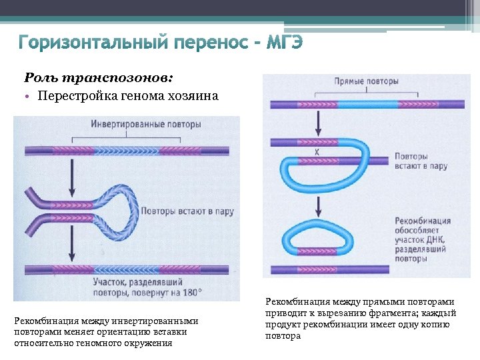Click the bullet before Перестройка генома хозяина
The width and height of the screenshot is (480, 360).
coord(30,96)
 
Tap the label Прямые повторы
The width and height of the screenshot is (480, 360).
coord(366,81)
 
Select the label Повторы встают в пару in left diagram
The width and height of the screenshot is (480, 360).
coord(187,211)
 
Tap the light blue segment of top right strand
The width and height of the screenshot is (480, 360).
coord(366,105)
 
